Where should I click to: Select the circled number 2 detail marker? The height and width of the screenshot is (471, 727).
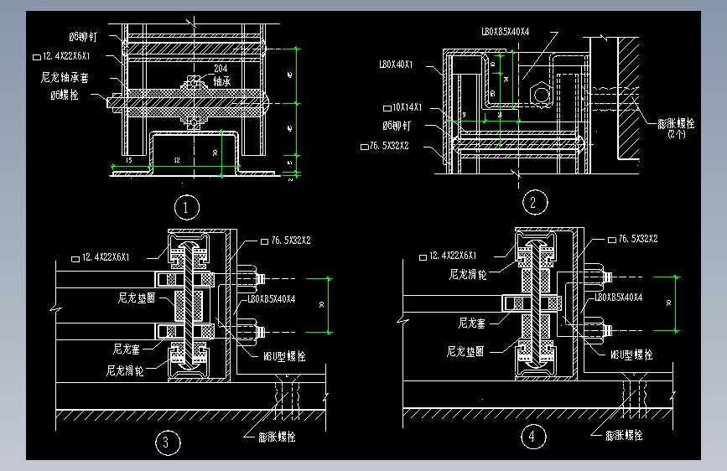[x=533, y=202]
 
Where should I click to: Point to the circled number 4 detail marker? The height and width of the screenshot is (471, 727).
[x=532, y=437]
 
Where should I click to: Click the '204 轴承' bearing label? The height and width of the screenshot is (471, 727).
[x=221, y=75]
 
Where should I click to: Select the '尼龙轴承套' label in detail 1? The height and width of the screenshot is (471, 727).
[x=70, y=77]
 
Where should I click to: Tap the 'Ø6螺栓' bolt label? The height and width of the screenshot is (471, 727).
[x=65, y=96]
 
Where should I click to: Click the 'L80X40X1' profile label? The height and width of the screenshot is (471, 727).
[x=397, y=64]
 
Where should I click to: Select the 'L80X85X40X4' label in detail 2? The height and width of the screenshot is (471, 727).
[x=506, y=32]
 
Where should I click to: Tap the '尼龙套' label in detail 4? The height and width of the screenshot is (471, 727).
[x=473, y=322]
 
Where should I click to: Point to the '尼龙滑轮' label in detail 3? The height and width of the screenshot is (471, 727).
[x=124, y=370]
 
